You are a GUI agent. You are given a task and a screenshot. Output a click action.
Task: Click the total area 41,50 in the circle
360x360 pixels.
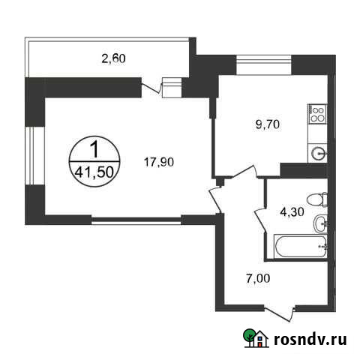[x=93, y=172]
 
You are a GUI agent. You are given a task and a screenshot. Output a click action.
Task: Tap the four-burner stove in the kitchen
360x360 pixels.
[x=317, y=115]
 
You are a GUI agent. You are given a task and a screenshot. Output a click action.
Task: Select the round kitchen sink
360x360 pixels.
[x=318, y=154]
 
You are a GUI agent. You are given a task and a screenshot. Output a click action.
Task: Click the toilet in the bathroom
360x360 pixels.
[x=320, y=199]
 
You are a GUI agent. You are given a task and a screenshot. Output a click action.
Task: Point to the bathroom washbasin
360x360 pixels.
[x=321, y=223]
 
